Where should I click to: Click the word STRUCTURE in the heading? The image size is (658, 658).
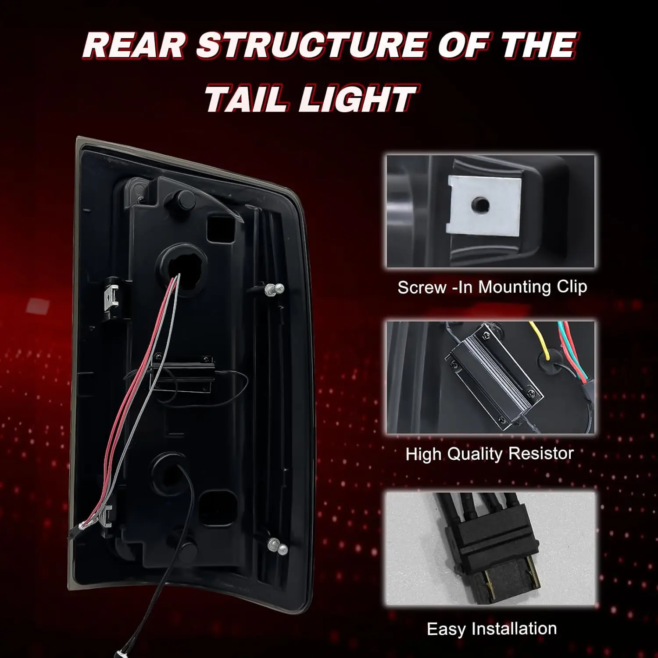[x=310, y=46]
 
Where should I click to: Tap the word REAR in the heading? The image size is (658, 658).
[x=134, y=46]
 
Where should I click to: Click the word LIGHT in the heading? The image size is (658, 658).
[x=356, y=98]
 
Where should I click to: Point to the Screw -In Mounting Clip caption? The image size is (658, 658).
[x=492, y=287]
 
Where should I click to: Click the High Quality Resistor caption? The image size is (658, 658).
[x=490, y=454]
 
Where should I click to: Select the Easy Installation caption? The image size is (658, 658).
[x=492, y=629]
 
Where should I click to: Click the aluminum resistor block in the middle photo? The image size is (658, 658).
[x=493, y=376]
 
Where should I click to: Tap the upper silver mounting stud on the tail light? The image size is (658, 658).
[x=275, y=289]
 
